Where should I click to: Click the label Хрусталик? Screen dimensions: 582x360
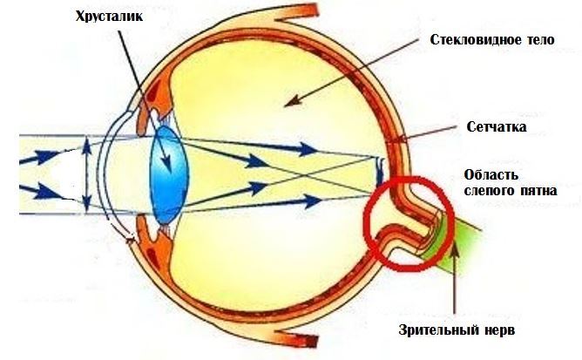click(x=109, y=17)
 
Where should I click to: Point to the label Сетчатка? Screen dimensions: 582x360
click(x=497, y=126)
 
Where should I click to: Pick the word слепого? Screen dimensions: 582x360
click(x=487, y=191)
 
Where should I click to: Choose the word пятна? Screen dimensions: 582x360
click(x=535, y=191)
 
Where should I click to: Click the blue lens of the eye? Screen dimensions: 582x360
click(x=169, y=174)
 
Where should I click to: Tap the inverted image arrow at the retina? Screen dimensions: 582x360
click(x=379, y=171)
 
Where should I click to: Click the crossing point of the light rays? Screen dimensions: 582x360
click(x=305, y=174)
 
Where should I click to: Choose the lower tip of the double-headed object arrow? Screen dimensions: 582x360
click(x=86, y=210)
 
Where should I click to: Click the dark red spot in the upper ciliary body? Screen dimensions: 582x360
click(x=152, y=92)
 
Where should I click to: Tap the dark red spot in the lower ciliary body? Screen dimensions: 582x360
click(x=152, y=256)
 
